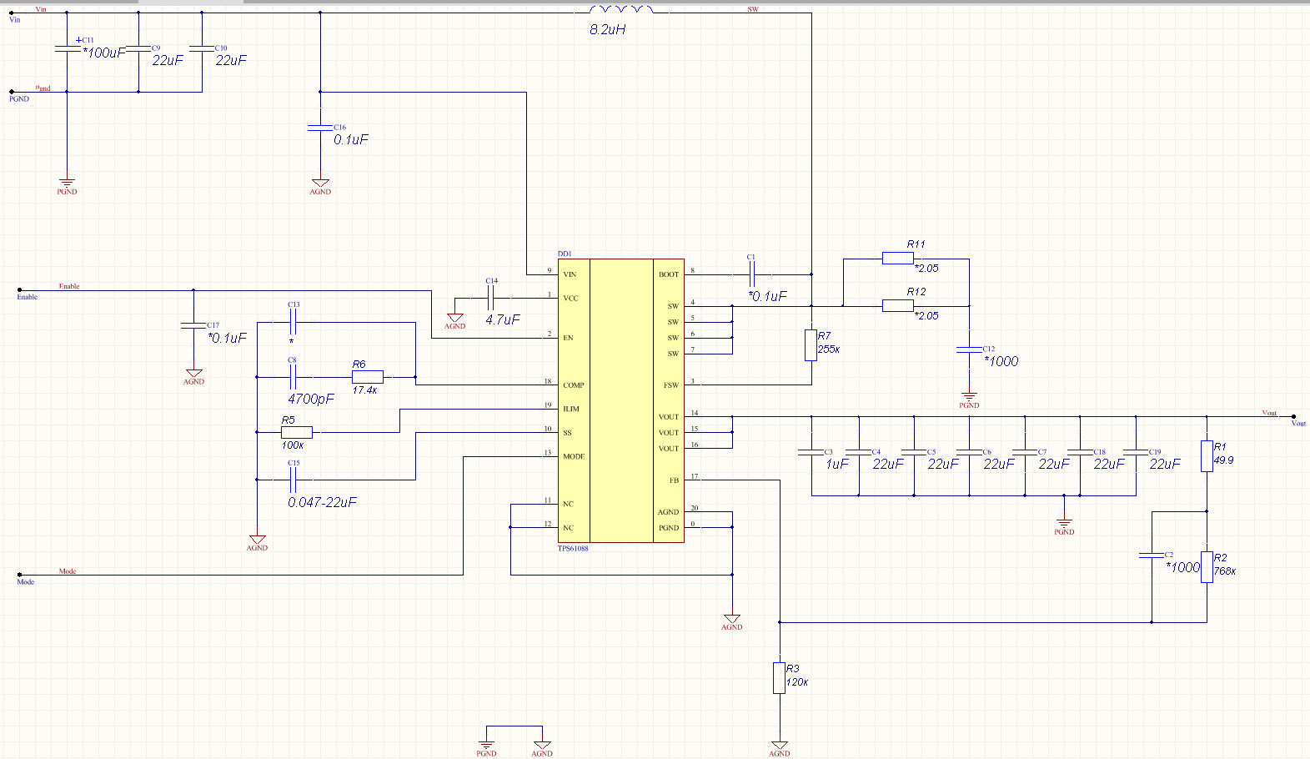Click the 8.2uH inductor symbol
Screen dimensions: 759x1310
(621, 10)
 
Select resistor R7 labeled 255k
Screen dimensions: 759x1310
(811, 344)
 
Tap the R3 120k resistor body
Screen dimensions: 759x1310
(779, 678)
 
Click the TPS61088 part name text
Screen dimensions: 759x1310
(573, 549)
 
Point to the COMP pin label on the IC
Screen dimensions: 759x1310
(574, 385)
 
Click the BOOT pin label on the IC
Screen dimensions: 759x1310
(669, 274)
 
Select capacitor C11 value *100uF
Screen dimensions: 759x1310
(103, 53)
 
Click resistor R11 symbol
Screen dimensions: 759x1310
(897, 259)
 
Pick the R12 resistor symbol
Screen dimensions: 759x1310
(897, 306)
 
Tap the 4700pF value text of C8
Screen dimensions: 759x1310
(310, 399)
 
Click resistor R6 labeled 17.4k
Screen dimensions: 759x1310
(367, 377)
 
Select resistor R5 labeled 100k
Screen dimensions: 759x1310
(296, 432)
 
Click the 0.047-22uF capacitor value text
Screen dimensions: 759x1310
(322, 502)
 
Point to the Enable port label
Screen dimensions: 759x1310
(28, 297)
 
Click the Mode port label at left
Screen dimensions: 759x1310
(26, 582)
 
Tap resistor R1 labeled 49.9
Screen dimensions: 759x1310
(1207, 456)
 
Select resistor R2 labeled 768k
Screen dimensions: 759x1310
(1207, 567)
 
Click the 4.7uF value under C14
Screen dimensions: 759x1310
(502, 319)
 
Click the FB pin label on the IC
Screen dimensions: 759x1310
(674, 480)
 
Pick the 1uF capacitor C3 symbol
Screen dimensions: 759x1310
(811, 452)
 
